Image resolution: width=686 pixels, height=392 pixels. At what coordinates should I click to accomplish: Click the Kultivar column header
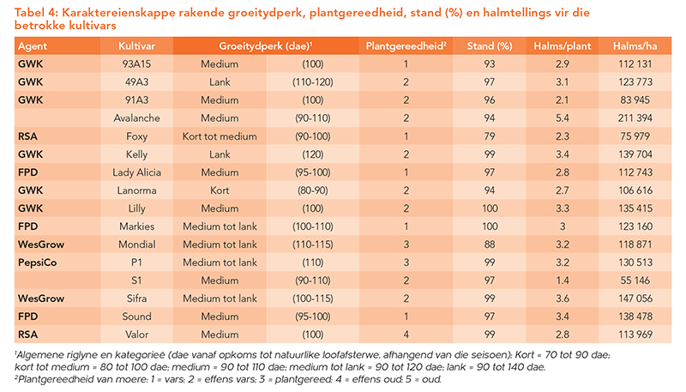pyautogui.click(x=136, y=46)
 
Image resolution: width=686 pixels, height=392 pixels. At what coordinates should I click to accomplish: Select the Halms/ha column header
pyautogui.click(x=635, y=46)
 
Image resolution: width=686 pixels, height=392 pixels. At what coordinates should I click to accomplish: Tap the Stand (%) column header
pyautogui.click(x=490, y=46)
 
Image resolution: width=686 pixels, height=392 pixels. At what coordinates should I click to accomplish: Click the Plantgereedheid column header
pyautogui.click(x=406, y=46)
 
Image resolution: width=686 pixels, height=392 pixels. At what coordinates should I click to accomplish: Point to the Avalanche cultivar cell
pyautogui.click(x=136, y=118)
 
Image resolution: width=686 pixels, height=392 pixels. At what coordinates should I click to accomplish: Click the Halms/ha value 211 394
pyautogui.click(x=635, y=118)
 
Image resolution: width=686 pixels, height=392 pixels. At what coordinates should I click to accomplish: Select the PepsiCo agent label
pyautogui.click(x=37, y=262)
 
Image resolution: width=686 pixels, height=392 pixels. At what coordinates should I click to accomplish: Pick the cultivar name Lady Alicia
pyautogui.click(x=136, y=172)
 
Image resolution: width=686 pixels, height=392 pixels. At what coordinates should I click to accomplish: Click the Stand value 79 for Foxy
pyautogui.click(x=490, y=136)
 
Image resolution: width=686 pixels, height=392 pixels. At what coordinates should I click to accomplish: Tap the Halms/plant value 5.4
pyautogui.click(x=563, y=118)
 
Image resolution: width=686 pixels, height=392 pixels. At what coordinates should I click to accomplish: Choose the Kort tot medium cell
pyautogui.click(x=220, y=136)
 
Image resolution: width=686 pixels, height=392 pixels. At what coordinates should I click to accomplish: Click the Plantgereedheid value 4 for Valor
pyautogui.click(x=406, y=335)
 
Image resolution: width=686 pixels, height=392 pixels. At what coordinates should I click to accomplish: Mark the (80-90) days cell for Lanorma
pyautogui.click(x=313, y=190)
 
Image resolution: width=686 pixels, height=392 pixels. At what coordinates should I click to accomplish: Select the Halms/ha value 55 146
pyautogui.click(x=635, y=280)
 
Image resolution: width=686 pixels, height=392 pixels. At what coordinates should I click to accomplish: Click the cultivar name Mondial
pyautogui.click(x=136, y=244)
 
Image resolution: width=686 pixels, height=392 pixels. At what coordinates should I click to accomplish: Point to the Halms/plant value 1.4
pyautogui.click(x=563, y=280)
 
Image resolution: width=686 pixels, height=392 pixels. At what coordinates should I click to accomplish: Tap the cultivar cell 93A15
pyautogui.click(x=136, y=63)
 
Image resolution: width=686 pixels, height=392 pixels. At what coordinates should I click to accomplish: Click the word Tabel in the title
pyautogui.click(x=30, y=13)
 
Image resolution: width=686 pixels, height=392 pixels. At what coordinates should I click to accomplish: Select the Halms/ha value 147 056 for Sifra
pyautogui.click(x=635, y=299)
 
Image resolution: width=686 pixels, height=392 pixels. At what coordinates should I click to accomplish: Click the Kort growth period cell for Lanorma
pyautogui.click(x=220, y=190)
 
